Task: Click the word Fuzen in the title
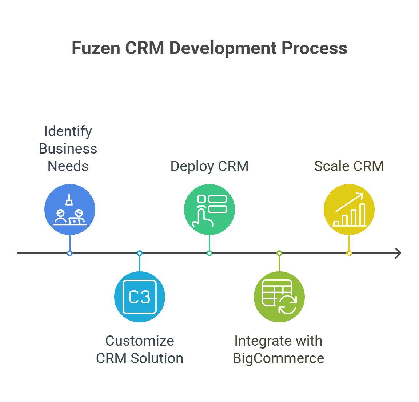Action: coord(96,48)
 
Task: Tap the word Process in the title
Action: coord(314,48)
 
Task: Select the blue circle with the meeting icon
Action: coord(70,210)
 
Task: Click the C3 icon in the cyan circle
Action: coord(140,297)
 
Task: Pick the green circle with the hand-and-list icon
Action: coord(209,210)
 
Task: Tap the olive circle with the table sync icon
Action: coord(279,297)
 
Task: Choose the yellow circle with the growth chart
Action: coord(349,210)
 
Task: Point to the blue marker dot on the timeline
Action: coord(70,253)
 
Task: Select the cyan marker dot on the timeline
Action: coord(140,253)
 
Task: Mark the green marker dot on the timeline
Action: coord(209,253)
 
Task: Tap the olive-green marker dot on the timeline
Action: coord(279,253)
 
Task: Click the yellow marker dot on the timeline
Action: coord(349,253)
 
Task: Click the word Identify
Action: coord(68,132)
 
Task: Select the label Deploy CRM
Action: coord(209,166)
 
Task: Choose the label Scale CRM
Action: coord(349,166)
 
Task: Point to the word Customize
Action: coord(140,341)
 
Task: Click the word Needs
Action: coord(68,166)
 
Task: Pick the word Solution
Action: coord(157,358)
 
